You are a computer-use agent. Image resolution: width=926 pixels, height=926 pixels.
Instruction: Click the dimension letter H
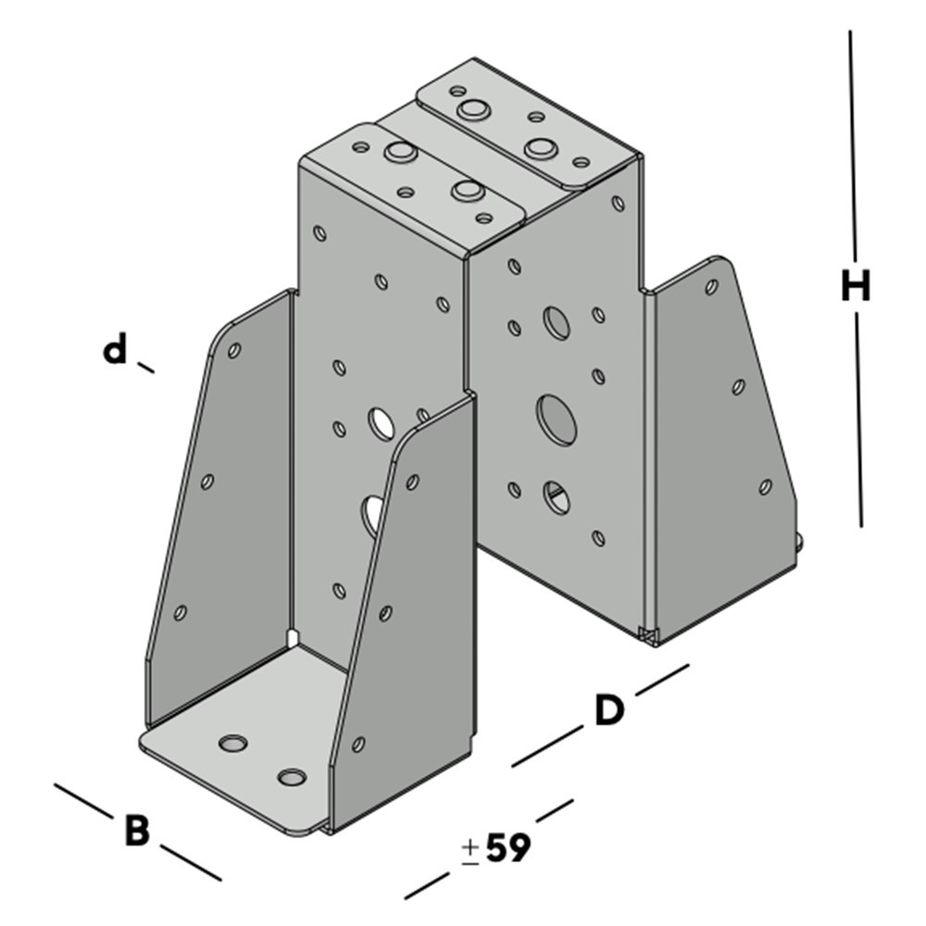(x=856, y=286)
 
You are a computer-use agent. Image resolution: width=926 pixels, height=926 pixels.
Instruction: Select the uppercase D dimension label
(x=609, y=710)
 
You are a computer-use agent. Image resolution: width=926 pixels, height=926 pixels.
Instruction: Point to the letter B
(x=138, y=830)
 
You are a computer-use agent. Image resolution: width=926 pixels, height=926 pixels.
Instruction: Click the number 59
(x=507, y=848)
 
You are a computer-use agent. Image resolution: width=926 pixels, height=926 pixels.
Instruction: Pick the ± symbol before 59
(x=470, y=853)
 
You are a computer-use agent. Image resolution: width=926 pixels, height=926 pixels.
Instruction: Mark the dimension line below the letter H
(x=858, y=419)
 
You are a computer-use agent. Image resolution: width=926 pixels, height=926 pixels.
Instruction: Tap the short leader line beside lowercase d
(x=146, y=368)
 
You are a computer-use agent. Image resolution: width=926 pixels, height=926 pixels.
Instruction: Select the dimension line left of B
(x=82, y=801)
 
